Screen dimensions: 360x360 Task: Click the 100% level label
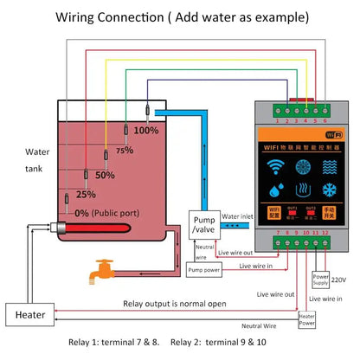(x=145, y=131)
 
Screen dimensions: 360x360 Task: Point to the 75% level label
(x=125, y=150)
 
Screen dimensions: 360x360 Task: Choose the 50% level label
(x=105, y=174)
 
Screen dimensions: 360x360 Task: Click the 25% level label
(x=85, y=194)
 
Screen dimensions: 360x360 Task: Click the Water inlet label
(x=240, y=216)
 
